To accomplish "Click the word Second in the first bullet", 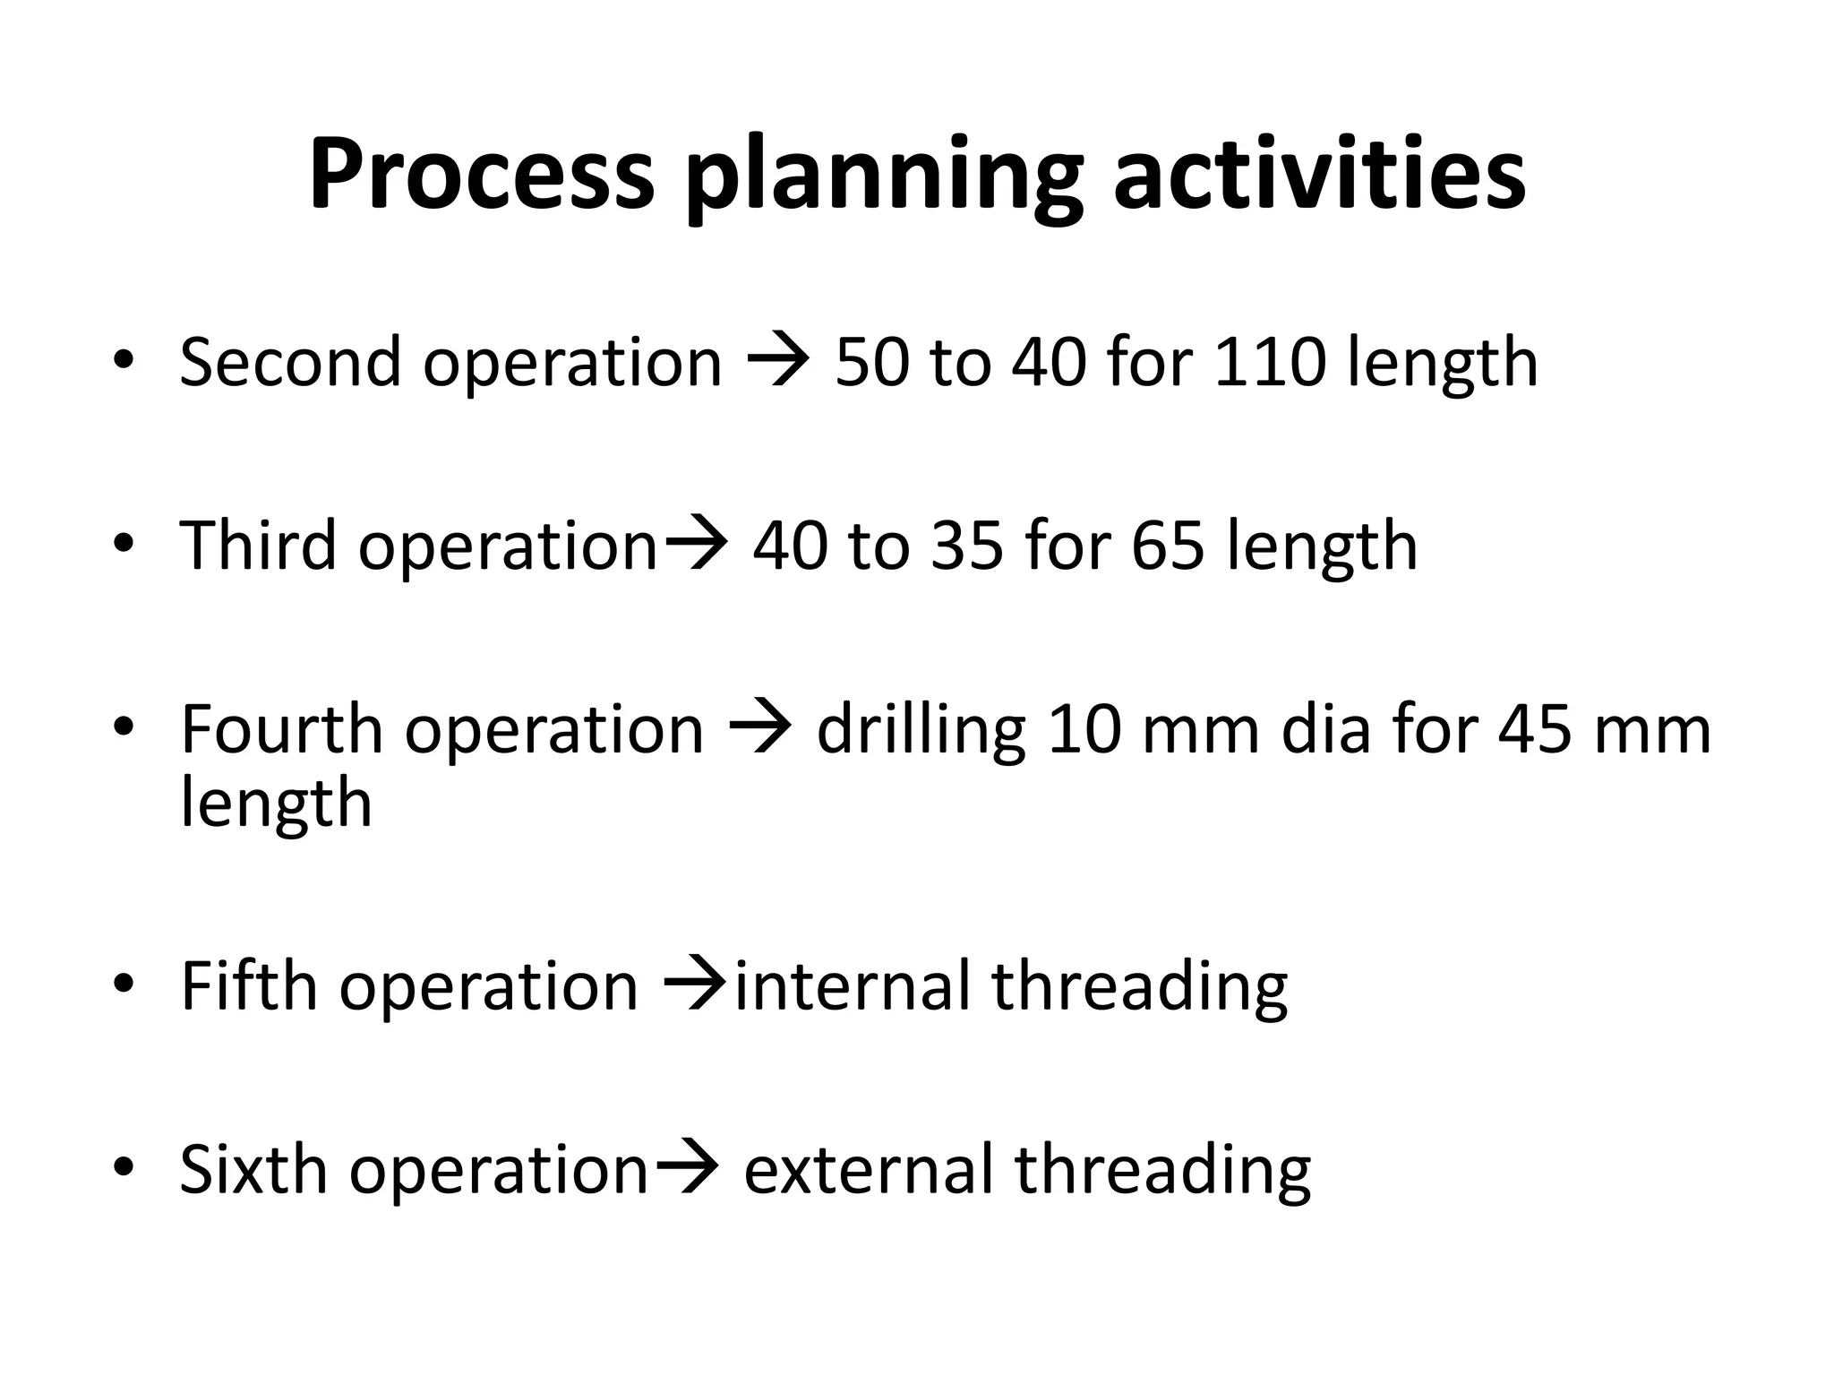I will pyautogui.click(x=290, y=362).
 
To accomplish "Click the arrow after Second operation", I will pyautogui.click(x=778, y=364).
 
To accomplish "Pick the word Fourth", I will pyautogui.click(x=281, y=729).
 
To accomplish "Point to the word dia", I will pyautogui.click(x=1326, y=729).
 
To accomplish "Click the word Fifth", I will pyautogui.click(x=249, y=986).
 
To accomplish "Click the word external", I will pyautogui.click(x=868, y=1171).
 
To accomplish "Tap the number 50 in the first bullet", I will pyautogui.click(x=871, y=362).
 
